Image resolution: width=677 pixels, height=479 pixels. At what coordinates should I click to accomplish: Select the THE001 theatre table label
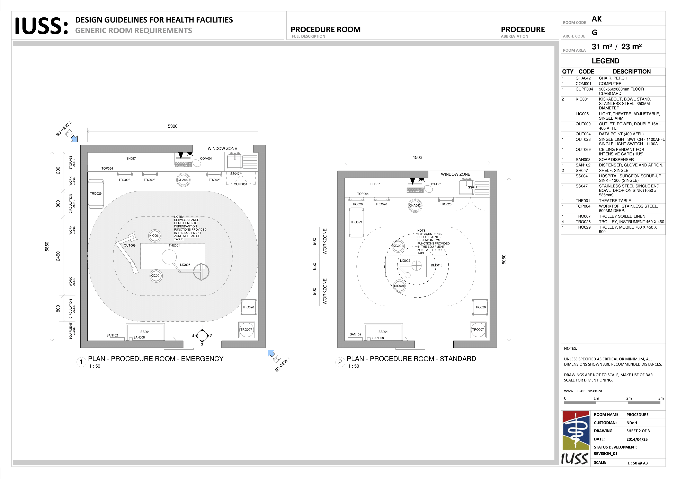(174, 245)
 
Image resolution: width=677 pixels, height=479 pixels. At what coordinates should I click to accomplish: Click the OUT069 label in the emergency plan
(130, 246)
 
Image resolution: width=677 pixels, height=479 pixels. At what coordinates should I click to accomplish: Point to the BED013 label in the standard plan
(436, 265)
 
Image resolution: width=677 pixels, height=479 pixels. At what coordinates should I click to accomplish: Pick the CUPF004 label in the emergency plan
(240, 184)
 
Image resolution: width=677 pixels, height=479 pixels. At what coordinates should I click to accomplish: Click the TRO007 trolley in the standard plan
(478, 330)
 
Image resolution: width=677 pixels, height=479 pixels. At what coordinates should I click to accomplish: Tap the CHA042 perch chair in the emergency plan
(183, 180)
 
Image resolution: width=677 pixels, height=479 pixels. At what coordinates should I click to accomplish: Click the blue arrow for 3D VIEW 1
(271, 353)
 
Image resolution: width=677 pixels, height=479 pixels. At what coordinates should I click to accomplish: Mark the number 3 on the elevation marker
(202, 345)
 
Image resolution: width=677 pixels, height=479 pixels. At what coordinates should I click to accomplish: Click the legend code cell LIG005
(582, 114)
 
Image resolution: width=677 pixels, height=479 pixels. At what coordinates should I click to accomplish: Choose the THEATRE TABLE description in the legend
(615, 201)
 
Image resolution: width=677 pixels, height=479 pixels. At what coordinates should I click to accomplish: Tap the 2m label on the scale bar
(629, 398)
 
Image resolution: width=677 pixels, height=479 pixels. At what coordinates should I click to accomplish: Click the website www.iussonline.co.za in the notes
(583, 391)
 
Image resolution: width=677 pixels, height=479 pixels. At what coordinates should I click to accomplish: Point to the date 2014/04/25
(637, 439)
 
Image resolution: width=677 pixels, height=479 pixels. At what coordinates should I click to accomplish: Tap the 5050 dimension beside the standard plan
(504, 259)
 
